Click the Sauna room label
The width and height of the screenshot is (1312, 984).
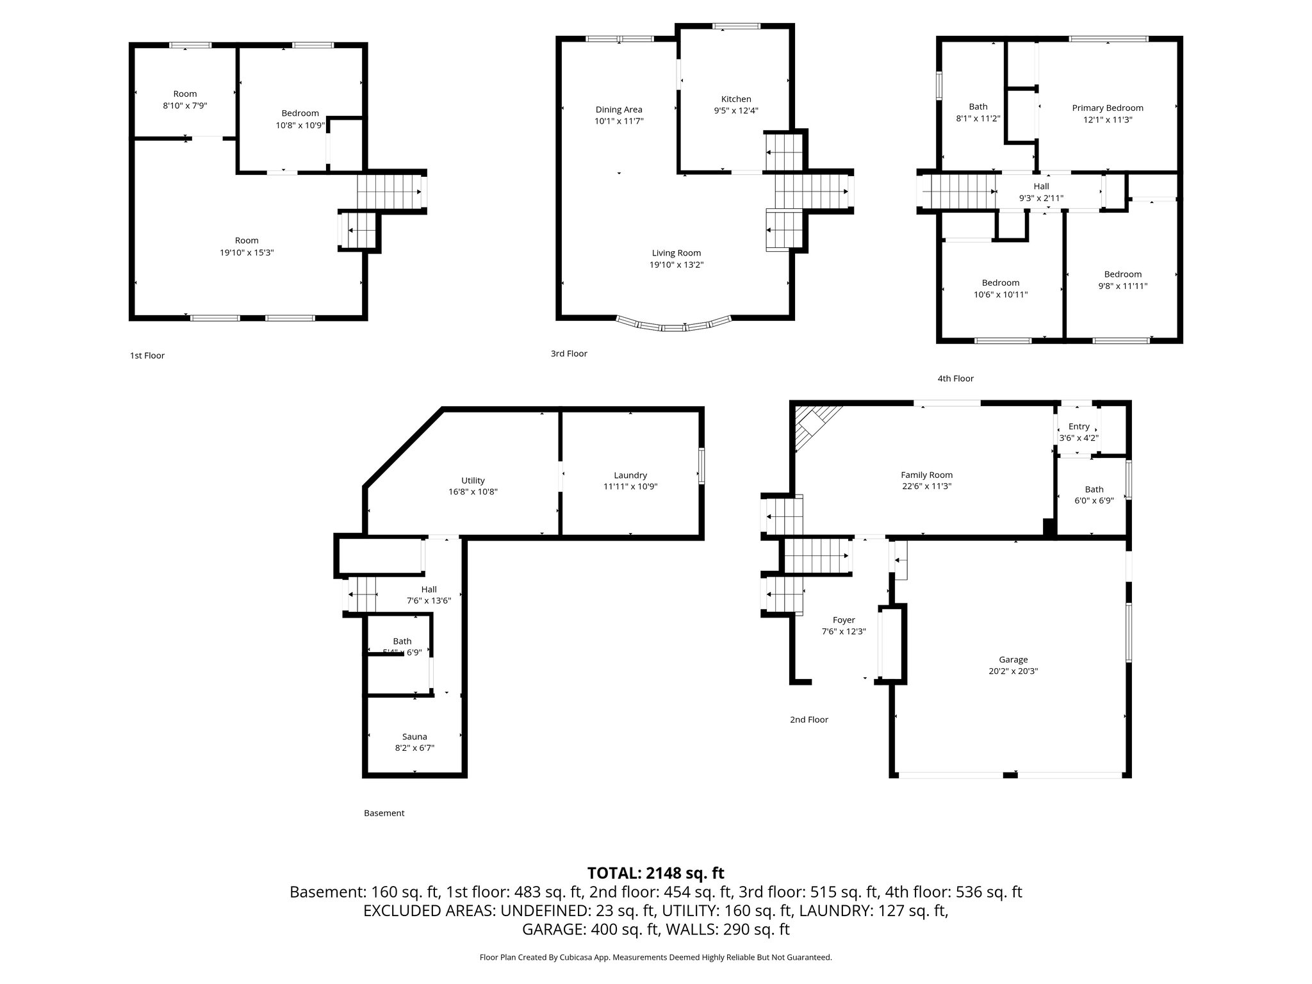pos(414,737)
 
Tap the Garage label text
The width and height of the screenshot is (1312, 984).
pos(1013,659)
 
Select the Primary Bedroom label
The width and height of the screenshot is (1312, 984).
pos(1108,108)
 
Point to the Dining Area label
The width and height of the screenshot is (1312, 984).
pos(619,110)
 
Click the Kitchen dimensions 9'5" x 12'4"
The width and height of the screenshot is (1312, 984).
pos(736,110)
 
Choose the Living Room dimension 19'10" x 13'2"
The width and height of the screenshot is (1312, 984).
pos(676,265)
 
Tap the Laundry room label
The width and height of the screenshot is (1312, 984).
pos(630,475)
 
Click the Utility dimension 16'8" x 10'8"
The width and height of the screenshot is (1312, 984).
pos(473,492)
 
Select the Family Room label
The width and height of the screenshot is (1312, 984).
pos(926,475)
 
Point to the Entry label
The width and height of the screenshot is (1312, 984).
pos(1079,427)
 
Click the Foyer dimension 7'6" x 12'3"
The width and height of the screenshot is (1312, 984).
pos(844,631)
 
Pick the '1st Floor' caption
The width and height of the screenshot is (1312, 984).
pos(147,356)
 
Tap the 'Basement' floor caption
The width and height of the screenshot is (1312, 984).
pos(384,813)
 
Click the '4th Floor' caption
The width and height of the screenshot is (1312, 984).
pos(955,379)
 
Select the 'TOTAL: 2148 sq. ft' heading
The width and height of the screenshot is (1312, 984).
pos(655,873)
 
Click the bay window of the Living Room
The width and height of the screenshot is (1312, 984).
pos(674,326)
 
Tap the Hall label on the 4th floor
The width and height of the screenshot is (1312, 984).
pos(1041,186)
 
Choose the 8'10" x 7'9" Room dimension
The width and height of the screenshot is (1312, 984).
pos(185,106)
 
